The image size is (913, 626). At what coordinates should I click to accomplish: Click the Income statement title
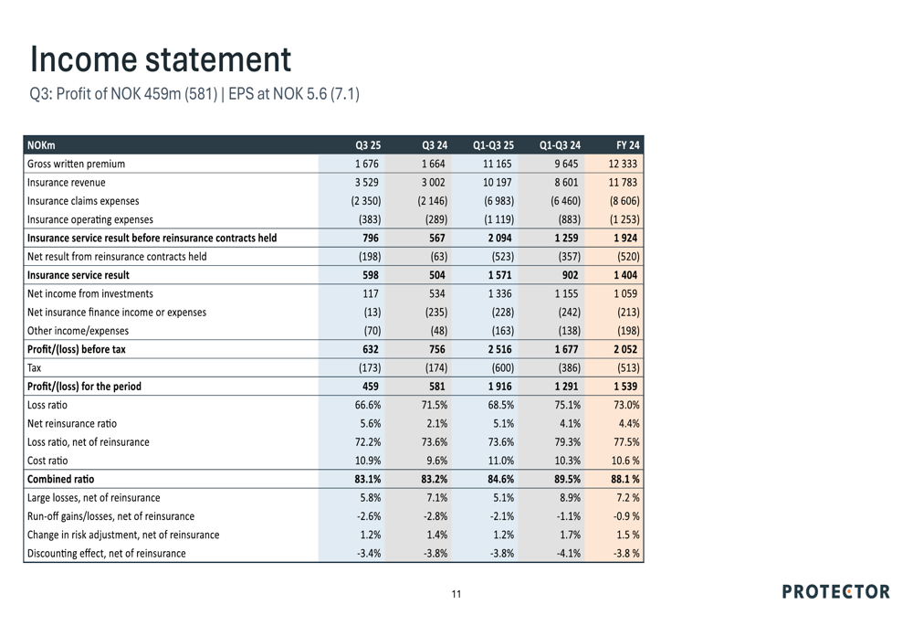(x=161, y=60)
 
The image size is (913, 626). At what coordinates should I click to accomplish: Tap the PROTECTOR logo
(x=835, y=592)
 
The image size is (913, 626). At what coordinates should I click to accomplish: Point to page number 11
(x=456, y=595)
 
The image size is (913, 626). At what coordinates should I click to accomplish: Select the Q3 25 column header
(x=368, y=145)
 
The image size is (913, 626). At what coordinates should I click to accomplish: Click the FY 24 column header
(x=628, y=145)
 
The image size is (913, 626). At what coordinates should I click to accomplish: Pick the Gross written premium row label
(x=76, y=164)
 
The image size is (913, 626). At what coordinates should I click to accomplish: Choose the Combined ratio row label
(x=60, y=479)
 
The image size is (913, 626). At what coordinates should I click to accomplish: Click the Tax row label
(x=35, y=368)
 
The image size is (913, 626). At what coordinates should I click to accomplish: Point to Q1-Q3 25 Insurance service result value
(x=499, y=275)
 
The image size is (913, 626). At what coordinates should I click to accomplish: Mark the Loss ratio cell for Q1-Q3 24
(x=567, y=405)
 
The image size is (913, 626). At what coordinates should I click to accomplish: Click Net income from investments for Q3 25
(x=370, y=293)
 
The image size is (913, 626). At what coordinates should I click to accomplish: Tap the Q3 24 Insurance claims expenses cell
(x=432, y=201)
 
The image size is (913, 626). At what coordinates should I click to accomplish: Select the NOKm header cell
(x=41, y=145)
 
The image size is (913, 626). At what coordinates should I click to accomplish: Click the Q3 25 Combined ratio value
(x=366, y=479)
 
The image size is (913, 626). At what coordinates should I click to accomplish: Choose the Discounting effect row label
(x=106, y=553)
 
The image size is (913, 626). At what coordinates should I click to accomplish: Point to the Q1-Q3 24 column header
(x=560, y=145)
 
